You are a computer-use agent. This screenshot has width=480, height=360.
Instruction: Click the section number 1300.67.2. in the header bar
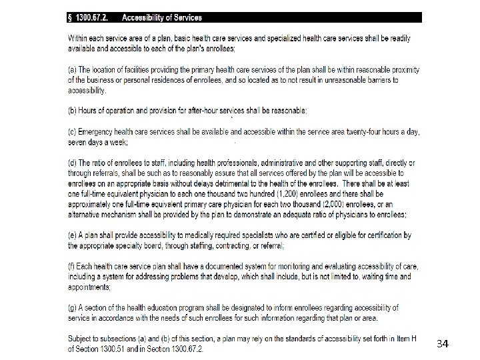pos(93,17)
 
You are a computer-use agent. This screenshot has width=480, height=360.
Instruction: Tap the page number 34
pos(442,344)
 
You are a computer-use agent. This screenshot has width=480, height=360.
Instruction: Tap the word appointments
pos(89,287)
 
